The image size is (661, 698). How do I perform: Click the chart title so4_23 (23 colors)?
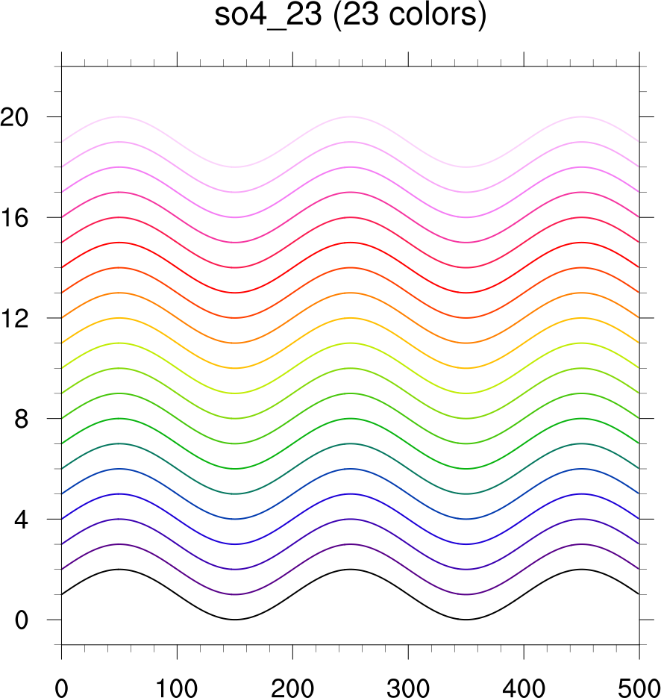pyautogui.click(x=350, y=16)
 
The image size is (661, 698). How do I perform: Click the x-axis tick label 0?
pyautogui.click(x=61, y=682)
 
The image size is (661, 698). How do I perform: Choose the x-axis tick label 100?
pyautogui.click(x=177, y=682)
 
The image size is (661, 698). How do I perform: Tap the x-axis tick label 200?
pyautogui.click(x=292, y=682)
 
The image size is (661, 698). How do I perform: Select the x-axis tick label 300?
pyautogui.click(x=408, y=682)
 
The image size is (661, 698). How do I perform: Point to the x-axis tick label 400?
pyautogui.click(x=524, y=682)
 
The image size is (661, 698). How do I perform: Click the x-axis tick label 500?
pyautogui.click(x=638, y=682)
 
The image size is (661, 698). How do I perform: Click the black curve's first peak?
pyautogui.click(x=119, y=570)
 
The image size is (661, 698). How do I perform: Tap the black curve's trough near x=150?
pyautogui.click(x=234, y=620)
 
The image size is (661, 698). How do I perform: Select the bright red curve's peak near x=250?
pyautogui.click(x=350, y=243)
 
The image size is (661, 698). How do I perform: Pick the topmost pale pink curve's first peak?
pyautogui.click(x=119, y=117)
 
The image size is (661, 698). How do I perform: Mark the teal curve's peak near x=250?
pyautogui.click(x=350, y=443)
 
